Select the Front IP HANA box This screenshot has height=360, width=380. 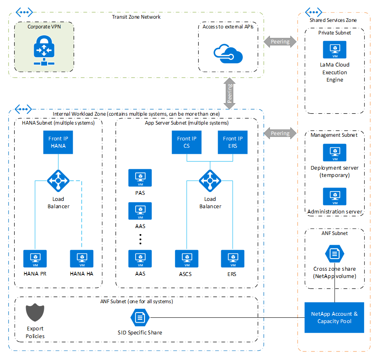tap(58, 142)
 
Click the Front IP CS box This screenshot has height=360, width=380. tap(187, 142)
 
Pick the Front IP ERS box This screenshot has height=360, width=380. tap(233, 142)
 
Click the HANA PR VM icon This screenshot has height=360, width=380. tap(35, 259)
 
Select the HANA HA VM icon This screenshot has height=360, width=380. tap(82, 259)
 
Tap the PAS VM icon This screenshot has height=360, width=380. tap(140, 178)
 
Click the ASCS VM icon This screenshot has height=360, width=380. tap(186, 259)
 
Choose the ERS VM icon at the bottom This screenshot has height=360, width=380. tap(233, 259)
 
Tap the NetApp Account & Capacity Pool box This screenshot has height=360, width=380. tap(335, 317)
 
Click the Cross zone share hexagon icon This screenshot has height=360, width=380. tap(335, 254)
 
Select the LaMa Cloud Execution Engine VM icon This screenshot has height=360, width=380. tap(335, 50)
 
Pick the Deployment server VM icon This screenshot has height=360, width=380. tap(335, 153)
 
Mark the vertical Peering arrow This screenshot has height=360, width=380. tap(230, 94)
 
